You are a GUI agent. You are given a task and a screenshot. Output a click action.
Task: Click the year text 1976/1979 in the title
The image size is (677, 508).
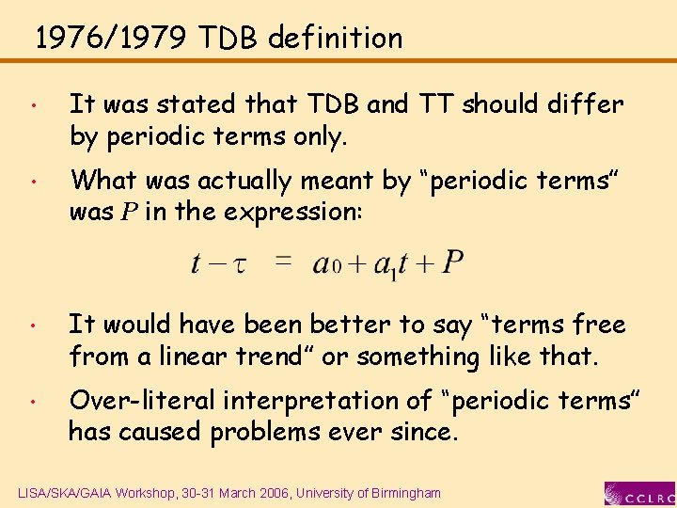(x=112, y=39)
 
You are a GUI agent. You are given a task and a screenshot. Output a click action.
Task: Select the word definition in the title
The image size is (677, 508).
(x=335, y=39)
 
